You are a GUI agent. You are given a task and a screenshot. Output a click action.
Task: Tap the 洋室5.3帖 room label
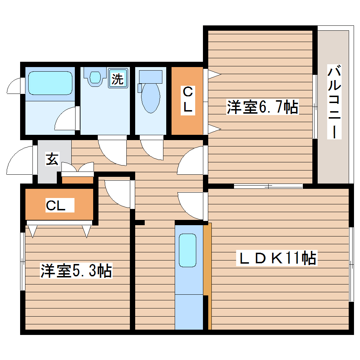[x=76, y=271]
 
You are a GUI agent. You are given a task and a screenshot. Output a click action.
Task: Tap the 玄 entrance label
[x=52, y=159]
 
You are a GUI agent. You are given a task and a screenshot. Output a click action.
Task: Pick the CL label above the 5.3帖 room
[x=56, y=206]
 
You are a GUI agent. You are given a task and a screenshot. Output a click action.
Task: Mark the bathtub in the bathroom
[x=50, y=83]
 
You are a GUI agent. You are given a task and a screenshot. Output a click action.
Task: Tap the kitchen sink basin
[x=187, y=250]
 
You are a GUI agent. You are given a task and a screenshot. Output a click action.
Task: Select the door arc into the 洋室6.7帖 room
[x=191, y=161]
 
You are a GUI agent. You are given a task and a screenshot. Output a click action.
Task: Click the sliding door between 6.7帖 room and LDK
[x=268, y=186]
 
